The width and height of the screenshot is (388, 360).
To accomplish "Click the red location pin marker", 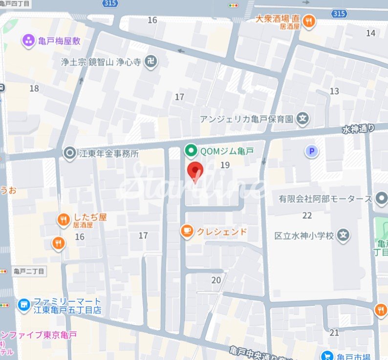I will click(195, 170).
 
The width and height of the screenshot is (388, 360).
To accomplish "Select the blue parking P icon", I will click(311, 151).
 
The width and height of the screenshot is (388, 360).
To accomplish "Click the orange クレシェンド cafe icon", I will click(186, 232).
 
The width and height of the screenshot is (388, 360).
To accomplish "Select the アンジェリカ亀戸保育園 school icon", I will click(303, 119).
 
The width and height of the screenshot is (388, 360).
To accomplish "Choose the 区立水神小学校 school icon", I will click(345, 235).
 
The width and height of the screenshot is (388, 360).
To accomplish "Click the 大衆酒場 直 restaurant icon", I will click(309, 20).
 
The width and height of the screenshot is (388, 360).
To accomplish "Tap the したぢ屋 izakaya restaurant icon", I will click(64, 220).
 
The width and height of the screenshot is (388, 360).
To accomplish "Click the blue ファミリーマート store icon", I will click(23, 306).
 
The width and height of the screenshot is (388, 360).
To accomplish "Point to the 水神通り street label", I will click(358, 129).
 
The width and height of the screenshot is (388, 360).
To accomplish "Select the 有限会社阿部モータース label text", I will click(325, 199).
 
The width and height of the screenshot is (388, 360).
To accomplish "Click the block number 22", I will click(307, 215).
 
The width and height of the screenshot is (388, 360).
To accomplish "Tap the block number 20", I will click(216, 280).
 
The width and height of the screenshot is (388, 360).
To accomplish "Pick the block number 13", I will click(334, 91).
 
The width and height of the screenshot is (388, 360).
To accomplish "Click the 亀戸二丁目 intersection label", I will click(29, 271).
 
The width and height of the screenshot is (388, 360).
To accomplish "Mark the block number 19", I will click(225, 165).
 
